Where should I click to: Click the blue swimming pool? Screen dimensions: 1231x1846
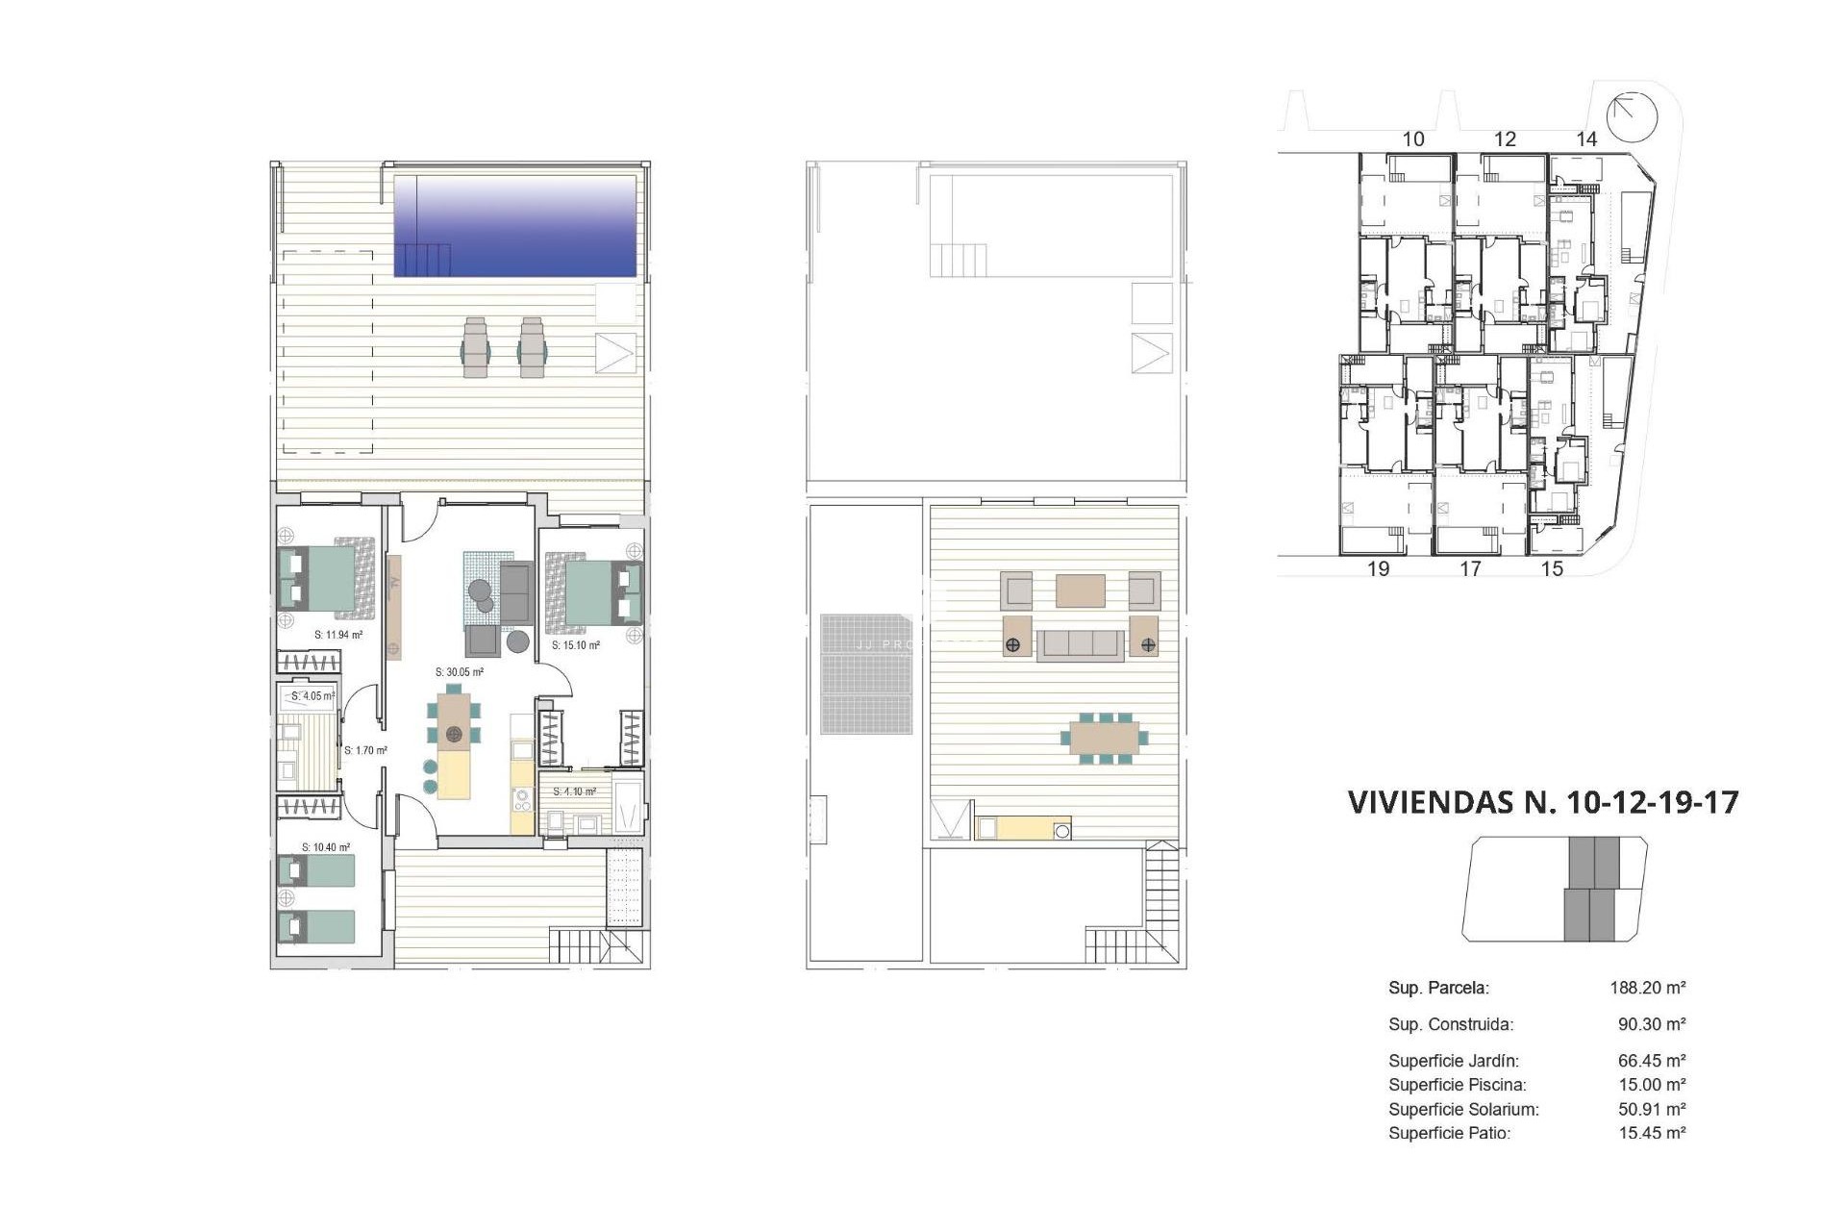(515, 226)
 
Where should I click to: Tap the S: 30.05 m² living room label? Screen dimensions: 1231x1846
(459, 672)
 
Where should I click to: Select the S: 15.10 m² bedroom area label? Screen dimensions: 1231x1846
(576, 645)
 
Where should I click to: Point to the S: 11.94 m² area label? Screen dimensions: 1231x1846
(338, 635)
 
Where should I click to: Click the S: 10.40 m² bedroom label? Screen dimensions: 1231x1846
(326, 847)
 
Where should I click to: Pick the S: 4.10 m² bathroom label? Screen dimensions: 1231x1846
(574, 791)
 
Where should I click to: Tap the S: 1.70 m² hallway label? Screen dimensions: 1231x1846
(365, 750)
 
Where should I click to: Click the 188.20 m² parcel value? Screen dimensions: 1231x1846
(1648, 988)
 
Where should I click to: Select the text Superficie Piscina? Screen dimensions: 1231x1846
(1457, 1085)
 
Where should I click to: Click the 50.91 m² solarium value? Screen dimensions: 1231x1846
(1652, 1109)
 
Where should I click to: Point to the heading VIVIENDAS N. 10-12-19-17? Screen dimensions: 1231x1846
(1543, 802)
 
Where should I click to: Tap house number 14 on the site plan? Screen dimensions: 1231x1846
(1586, 139)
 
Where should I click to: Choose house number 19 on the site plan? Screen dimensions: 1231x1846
(1378, 569)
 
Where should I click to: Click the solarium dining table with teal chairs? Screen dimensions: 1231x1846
(1105, 739)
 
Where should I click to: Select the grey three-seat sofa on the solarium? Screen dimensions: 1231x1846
(1080, 645)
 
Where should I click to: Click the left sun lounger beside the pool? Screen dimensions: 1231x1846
(476, 348)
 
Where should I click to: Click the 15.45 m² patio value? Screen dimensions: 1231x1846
(1652, 1133)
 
